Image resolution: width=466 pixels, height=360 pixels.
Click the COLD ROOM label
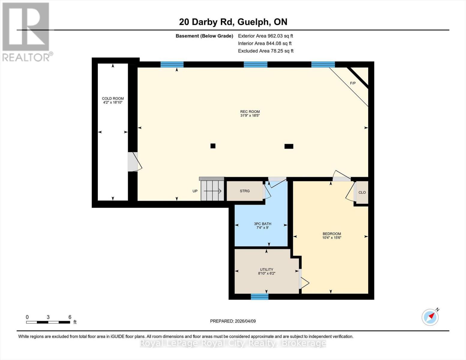[x=113, y=98]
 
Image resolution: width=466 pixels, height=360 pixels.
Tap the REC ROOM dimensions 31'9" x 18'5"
[x=250, y=115]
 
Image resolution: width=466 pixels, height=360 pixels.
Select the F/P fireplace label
[x=353, y=83]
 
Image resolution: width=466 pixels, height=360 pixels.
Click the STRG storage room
[x=245, y=191]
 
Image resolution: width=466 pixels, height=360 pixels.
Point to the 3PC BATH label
[x=262, y=224]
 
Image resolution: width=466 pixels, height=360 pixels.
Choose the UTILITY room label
[x=266, y=269]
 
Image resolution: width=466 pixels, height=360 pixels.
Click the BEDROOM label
[x=332, y=234]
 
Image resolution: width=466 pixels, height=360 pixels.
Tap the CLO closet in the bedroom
[x=362, y=193]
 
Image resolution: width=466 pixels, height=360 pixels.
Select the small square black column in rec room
[x=213, y=146]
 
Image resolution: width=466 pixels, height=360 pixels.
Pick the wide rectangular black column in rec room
[x=289, y=146]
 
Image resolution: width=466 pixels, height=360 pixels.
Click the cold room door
[x=133, y=162]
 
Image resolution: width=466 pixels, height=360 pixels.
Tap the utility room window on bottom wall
[x=260, y=297]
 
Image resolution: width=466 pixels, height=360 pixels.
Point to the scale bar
[x=48, y=322]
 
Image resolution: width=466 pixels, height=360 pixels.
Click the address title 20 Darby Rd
[x=233, y=22]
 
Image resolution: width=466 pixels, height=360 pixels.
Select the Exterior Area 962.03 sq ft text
[x=265, y=36]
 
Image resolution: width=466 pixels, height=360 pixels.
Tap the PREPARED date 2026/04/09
[x=233, y=321]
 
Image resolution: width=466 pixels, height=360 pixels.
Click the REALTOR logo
[x=26, y=31]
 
